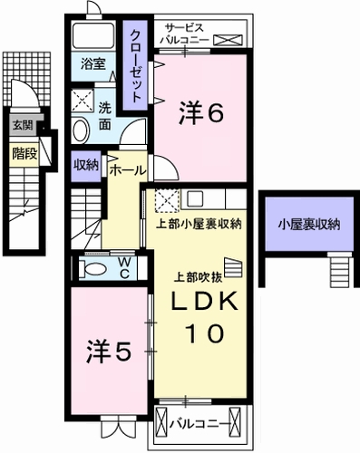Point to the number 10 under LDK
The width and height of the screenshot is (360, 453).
point(204,333)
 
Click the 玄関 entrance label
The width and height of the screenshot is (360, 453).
point(21,127)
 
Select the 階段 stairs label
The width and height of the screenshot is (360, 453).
point(24,153)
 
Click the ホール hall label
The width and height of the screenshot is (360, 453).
point(127,169)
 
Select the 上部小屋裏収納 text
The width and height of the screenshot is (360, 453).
point(199,225)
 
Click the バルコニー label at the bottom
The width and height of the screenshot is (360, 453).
point(200,421)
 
